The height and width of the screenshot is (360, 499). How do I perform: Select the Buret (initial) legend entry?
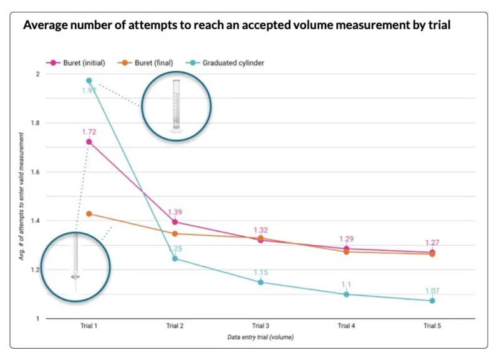coord(77,62)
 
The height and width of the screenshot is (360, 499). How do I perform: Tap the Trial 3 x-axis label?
coord(261,326)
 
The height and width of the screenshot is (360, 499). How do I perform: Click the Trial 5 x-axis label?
coord(432,326)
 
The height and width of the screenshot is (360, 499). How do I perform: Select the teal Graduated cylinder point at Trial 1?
coord(89,80)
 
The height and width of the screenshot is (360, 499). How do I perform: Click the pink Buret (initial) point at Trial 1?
coord(89,142)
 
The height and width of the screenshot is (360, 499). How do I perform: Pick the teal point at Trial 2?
coord(175,258)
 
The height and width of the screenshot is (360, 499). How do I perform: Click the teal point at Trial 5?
coord(432,301)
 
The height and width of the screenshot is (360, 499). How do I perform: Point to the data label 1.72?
coord(89,132)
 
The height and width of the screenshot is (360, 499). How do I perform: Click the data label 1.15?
coord(261,273)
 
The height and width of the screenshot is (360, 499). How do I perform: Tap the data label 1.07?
coord(432,291)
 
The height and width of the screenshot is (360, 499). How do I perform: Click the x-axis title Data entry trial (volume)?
coord(261,337)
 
